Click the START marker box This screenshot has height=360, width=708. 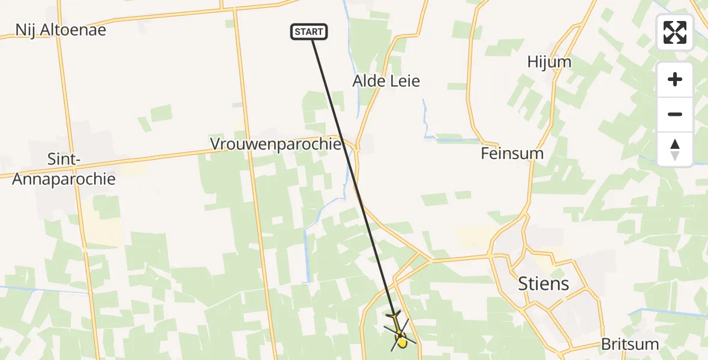pyautogui.click(x=309, y=32)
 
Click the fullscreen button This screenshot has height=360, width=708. pyautogui.click(x=675, y=32)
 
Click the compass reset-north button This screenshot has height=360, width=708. pyautogui.click(x=675, y=149)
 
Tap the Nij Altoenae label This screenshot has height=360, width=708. pyautogui.click(x=61, y=29)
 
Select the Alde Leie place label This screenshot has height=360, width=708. pyautogui.click(x=386, y=80)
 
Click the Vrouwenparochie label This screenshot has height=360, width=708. pyautogui.click(x=275, y=145)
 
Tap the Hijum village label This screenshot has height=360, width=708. pyautogui.click(x=549, y=62)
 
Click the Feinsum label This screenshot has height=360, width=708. pyautogui.click(x=512, y=154)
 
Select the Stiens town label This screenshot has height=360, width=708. pyautogui.click(x=544, y=283)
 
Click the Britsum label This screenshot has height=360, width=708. pyautogui.click(x=631, y=344)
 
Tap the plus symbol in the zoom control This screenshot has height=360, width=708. pyautogui.click(x=675, y=80)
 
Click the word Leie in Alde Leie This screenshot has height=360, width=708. pyautogui.click(x=404, y=80)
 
